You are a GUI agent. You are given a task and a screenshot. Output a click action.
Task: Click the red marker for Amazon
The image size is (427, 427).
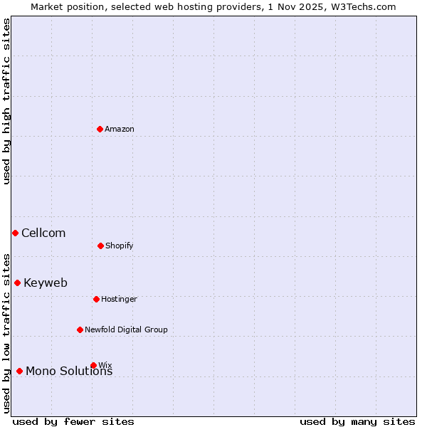[100, 129]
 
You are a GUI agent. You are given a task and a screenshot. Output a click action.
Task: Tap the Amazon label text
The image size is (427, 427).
[120, 130]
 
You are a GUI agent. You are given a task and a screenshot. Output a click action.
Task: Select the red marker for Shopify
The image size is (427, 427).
[100, 246]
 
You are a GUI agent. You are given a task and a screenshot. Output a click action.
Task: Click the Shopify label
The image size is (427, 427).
[120, 246]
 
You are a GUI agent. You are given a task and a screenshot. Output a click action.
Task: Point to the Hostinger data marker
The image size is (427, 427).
[96, 299]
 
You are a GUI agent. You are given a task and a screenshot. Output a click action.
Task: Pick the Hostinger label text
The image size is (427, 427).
[119, 300]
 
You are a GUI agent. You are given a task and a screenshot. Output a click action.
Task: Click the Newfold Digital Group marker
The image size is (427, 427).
[80, 330]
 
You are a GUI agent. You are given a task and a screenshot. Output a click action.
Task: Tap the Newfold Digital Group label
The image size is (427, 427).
[126, 330]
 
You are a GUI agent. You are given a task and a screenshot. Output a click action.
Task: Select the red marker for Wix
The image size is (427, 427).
[93, 365]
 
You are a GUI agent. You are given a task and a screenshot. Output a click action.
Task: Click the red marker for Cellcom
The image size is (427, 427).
[15, 233]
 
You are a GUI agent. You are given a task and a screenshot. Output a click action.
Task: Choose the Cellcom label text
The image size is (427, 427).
[43, 233]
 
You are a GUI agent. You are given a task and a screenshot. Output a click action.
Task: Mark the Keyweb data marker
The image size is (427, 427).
[17, 283]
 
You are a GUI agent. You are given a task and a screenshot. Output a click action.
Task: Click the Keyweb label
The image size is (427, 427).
[46, 283]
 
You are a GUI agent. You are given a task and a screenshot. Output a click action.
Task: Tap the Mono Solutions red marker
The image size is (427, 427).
[19, 371]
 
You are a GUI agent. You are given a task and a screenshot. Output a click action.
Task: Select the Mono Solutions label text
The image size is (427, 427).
[69, 371]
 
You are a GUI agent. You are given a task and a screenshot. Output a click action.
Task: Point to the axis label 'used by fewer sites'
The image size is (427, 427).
[73, 422]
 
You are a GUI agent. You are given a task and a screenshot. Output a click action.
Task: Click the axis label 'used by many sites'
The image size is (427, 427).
[357, 422]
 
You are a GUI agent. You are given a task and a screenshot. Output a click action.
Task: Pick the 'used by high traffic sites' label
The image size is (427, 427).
[6, 101]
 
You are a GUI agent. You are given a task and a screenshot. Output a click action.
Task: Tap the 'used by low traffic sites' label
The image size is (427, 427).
[6, 333]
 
